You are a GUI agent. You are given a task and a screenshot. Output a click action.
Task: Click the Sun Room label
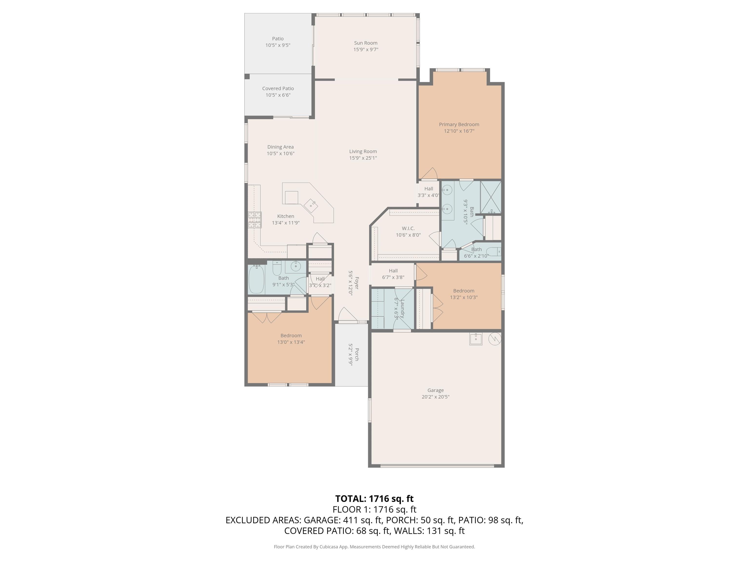tap(366, 43)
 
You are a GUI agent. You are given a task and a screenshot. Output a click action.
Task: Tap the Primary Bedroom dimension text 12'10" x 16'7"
tap(459, 131)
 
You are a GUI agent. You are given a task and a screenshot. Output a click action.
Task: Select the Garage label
tap(435, 390)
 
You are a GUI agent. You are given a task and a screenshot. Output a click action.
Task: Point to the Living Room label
tap(363, 151)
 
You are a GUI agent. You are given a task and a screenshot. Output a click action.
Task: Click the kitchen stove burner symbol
tap(255, 220)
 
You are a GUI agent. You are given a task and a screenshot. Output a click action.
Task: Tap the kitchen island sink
tap(311, 205)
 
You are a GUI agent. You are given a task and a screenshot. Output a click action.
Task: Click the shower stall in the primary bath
tap(491, 197)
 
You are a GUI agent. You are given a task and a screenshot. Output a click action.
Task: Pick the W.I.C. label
tap(408, 228)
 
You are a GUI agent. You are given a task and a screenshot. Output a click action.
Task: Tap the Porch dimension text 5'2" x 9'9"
tap(351, 354)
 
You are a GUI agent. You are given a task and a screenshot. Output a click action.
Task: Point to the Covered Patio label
tap(278, 88)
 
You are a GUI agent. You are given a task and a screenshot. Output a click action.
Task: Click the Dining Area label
tap(280, 147)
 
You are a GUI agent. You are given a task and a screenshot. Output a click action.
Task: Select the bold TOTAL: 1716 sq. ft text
tap(374, 499)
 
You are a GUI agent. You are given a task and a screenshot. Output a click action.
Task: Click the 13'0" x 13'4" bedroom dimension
tap(291, 342)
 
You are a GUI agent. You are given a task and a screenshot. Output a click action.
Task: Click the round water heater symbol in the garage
tap(495, 338)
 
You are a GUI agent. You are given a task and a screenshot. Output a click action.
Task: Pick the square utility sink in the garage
tap(476, 339)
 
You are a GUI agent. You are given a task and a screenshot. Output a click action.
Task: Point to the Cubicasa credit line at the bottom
tap(374, 547)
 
